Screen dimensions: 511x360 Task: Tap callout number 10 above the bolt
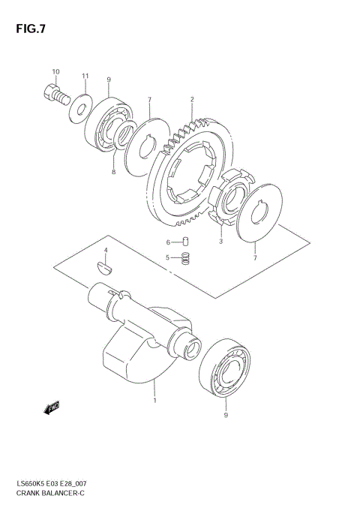tap(55, 71)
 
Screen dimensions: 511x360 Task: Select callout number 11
tap(85, 77)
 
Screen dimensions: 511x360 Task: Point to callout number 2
tap(192, 98)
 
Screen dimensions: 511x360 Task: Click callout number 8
tap(113, 172)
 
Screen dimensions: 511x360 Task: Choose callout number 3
tap(220, 242)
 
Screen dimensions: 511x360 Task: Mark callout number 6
tap(169, 242)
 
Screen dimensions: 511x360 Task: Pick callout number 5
tap(169, 258)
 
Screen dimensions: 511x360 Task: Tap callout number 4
tap(106, 250)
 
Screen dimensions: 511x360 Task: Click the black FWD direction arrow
tap(52, 409)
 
